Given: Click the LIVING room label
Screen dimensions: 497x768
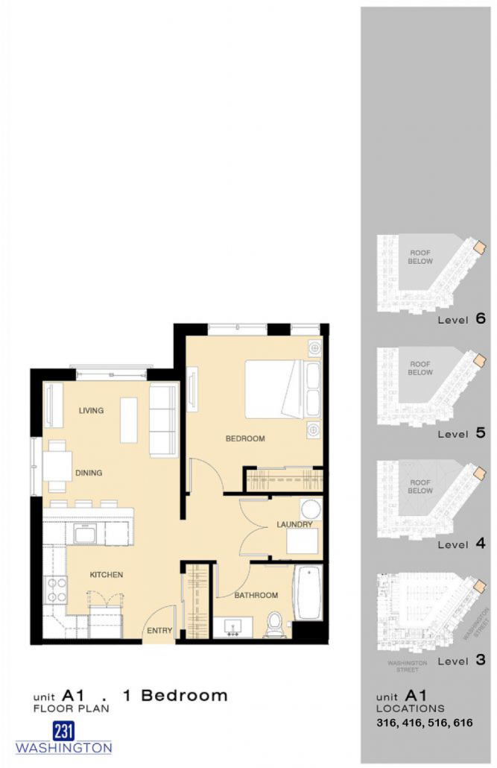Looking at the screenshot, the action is tap(91, 410).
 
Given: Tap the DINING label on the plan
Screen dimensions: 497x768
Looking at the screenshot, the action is tap(89, 473).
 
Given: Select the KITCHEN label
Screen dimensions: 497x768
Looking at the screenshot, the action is tap(107, 575).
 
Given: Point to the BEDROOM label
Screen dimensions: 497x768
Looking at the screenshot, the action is tap(245, 438).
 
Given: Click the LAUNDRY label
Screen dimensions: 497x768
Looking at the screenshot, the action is tap(294, 524).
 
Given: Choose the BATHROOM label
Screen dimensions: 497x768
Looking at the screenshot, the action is tap(256, 595).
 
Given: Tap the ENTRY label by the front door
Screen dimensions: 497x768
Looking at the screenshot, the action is tap(159, 630).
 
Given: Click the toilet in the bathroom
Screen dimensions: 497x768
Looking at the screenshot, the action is tap(275, 624).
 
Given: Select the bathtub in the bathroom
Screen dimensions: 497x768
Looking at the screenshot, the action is tap(308, 593).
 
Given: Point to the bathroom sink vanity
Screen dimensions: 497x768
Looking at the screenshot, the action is tap(233, 627).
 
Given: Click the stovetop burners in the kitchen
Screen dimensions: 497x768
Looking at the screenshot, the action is tap(55, 591).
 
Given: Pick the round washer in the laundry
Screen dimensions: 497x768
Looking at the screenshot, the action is tap(311, 509).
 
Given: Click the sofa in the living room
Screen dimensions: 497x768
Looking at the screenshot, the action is tap(163, 421).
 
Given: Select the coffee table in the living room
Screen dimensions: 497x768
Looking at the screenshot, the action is tap(129, 421).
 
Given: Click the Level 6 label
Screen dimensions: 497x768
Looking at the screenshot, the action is tap(462, 319).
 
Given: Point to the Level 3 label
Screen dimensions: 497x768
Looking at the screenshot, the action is tap(462, 661).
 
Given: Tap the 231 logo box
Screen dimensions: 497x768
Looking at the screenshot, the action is tap(63, 731).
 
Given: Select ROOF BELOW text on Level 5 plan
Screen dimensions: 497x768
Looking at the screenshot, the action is tap(420, 368).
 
